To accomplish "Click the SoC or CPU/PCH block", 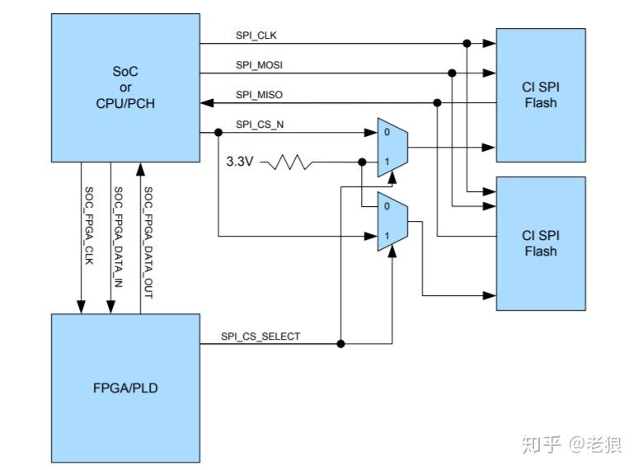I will pyautogui.click(x=125, y=87).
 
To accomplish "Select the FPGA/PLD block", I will pyautogui.click(x=125, y=388).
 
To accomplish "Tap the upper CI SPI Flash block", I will pyautogui.click(x=540, y=95).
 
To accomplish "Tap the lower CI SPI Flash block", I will pyautogui.click(x=540, y=243).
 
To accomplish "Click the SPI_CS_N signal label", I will pyautogui.click(x=258, y=125).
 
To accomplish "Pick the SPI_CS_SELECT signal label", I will pyautogui.click(x=260, y=336).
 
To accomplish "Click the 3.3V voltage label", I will pyautogui.click(x=241, y=162).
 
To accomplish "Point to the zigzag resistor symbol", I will pyautogui.click(x=287, y=162).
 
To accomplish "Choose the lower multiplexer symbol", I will pyautogui.click(x=392, y=221).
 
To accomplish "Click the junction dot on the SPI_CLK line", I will pyautogui.click(x=467, y=43).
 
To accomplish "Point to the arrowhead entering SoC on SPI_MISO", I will pyautogui.click(x=206, y=102).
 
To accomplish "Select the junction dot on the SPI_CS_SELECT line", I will pyautogui.click(x=340, y=343).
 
